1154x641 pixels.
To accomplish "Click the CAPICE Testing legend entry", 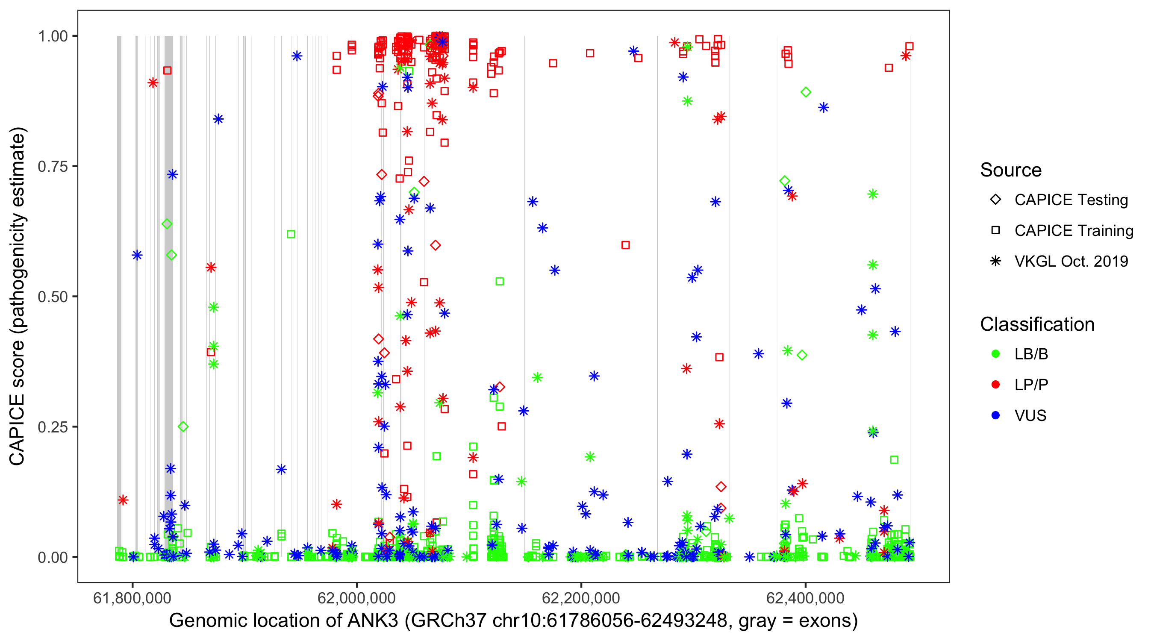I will (x=1071, y=200).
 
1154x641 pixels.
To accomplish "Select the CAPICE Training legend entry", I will (x=1073, y=231).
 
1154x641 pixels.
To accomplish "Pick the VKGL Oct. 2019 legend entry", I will (x=1071, y=261).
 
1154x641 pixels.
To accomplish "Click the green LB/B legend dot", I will (x=996, y=354).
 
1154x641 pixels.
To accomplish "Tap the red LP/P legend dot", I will (x=996, y=385).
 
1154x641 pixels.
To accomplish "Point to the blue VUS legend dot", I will (x=996, y=415).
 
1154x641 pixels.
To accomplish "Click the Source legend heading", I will (x=1011, y=170).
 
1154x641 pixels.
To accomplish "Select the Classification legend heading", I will (x=1037, y=324).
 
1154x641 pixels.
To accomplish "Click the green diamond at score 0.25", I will (x=183, y=426).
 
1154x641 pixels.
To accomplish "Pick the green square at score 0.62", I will (x=291, y=234).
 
